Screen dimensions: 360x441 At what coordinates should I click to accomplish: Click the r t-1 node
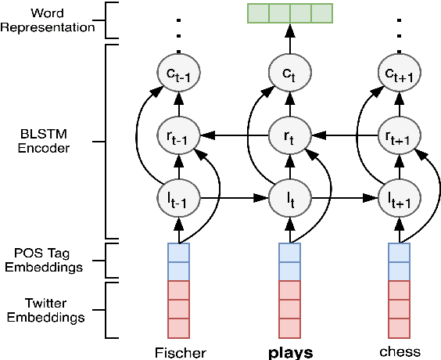click(x=179, y=135)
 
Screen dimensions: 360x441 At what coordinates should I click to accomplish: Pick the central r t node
click(x=289, y=135)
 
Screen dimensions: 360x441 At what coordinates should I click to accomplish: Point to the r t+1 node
click(x=399, y=135)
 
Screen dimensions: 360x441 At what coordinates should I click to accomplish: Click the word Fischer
click(x=180, y=352)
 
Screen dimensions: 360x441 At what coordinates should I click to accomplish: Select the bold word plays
click(x=290, y=352)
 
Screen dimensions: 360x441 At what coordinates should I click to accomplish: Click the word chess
click(x=399, y=352)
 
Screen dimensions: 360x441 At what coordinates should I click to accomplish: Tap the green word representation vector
click(x=289, y=13)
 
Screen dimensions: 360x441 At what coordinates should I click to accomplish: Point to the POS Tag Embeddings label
click(x=49, y=261)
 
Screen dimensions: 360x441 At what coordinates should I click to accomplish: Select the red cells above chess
click(x=399, y=309)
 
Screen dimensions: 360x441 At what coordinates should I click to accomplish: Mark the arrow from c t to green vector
click(x=289, y=41)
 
